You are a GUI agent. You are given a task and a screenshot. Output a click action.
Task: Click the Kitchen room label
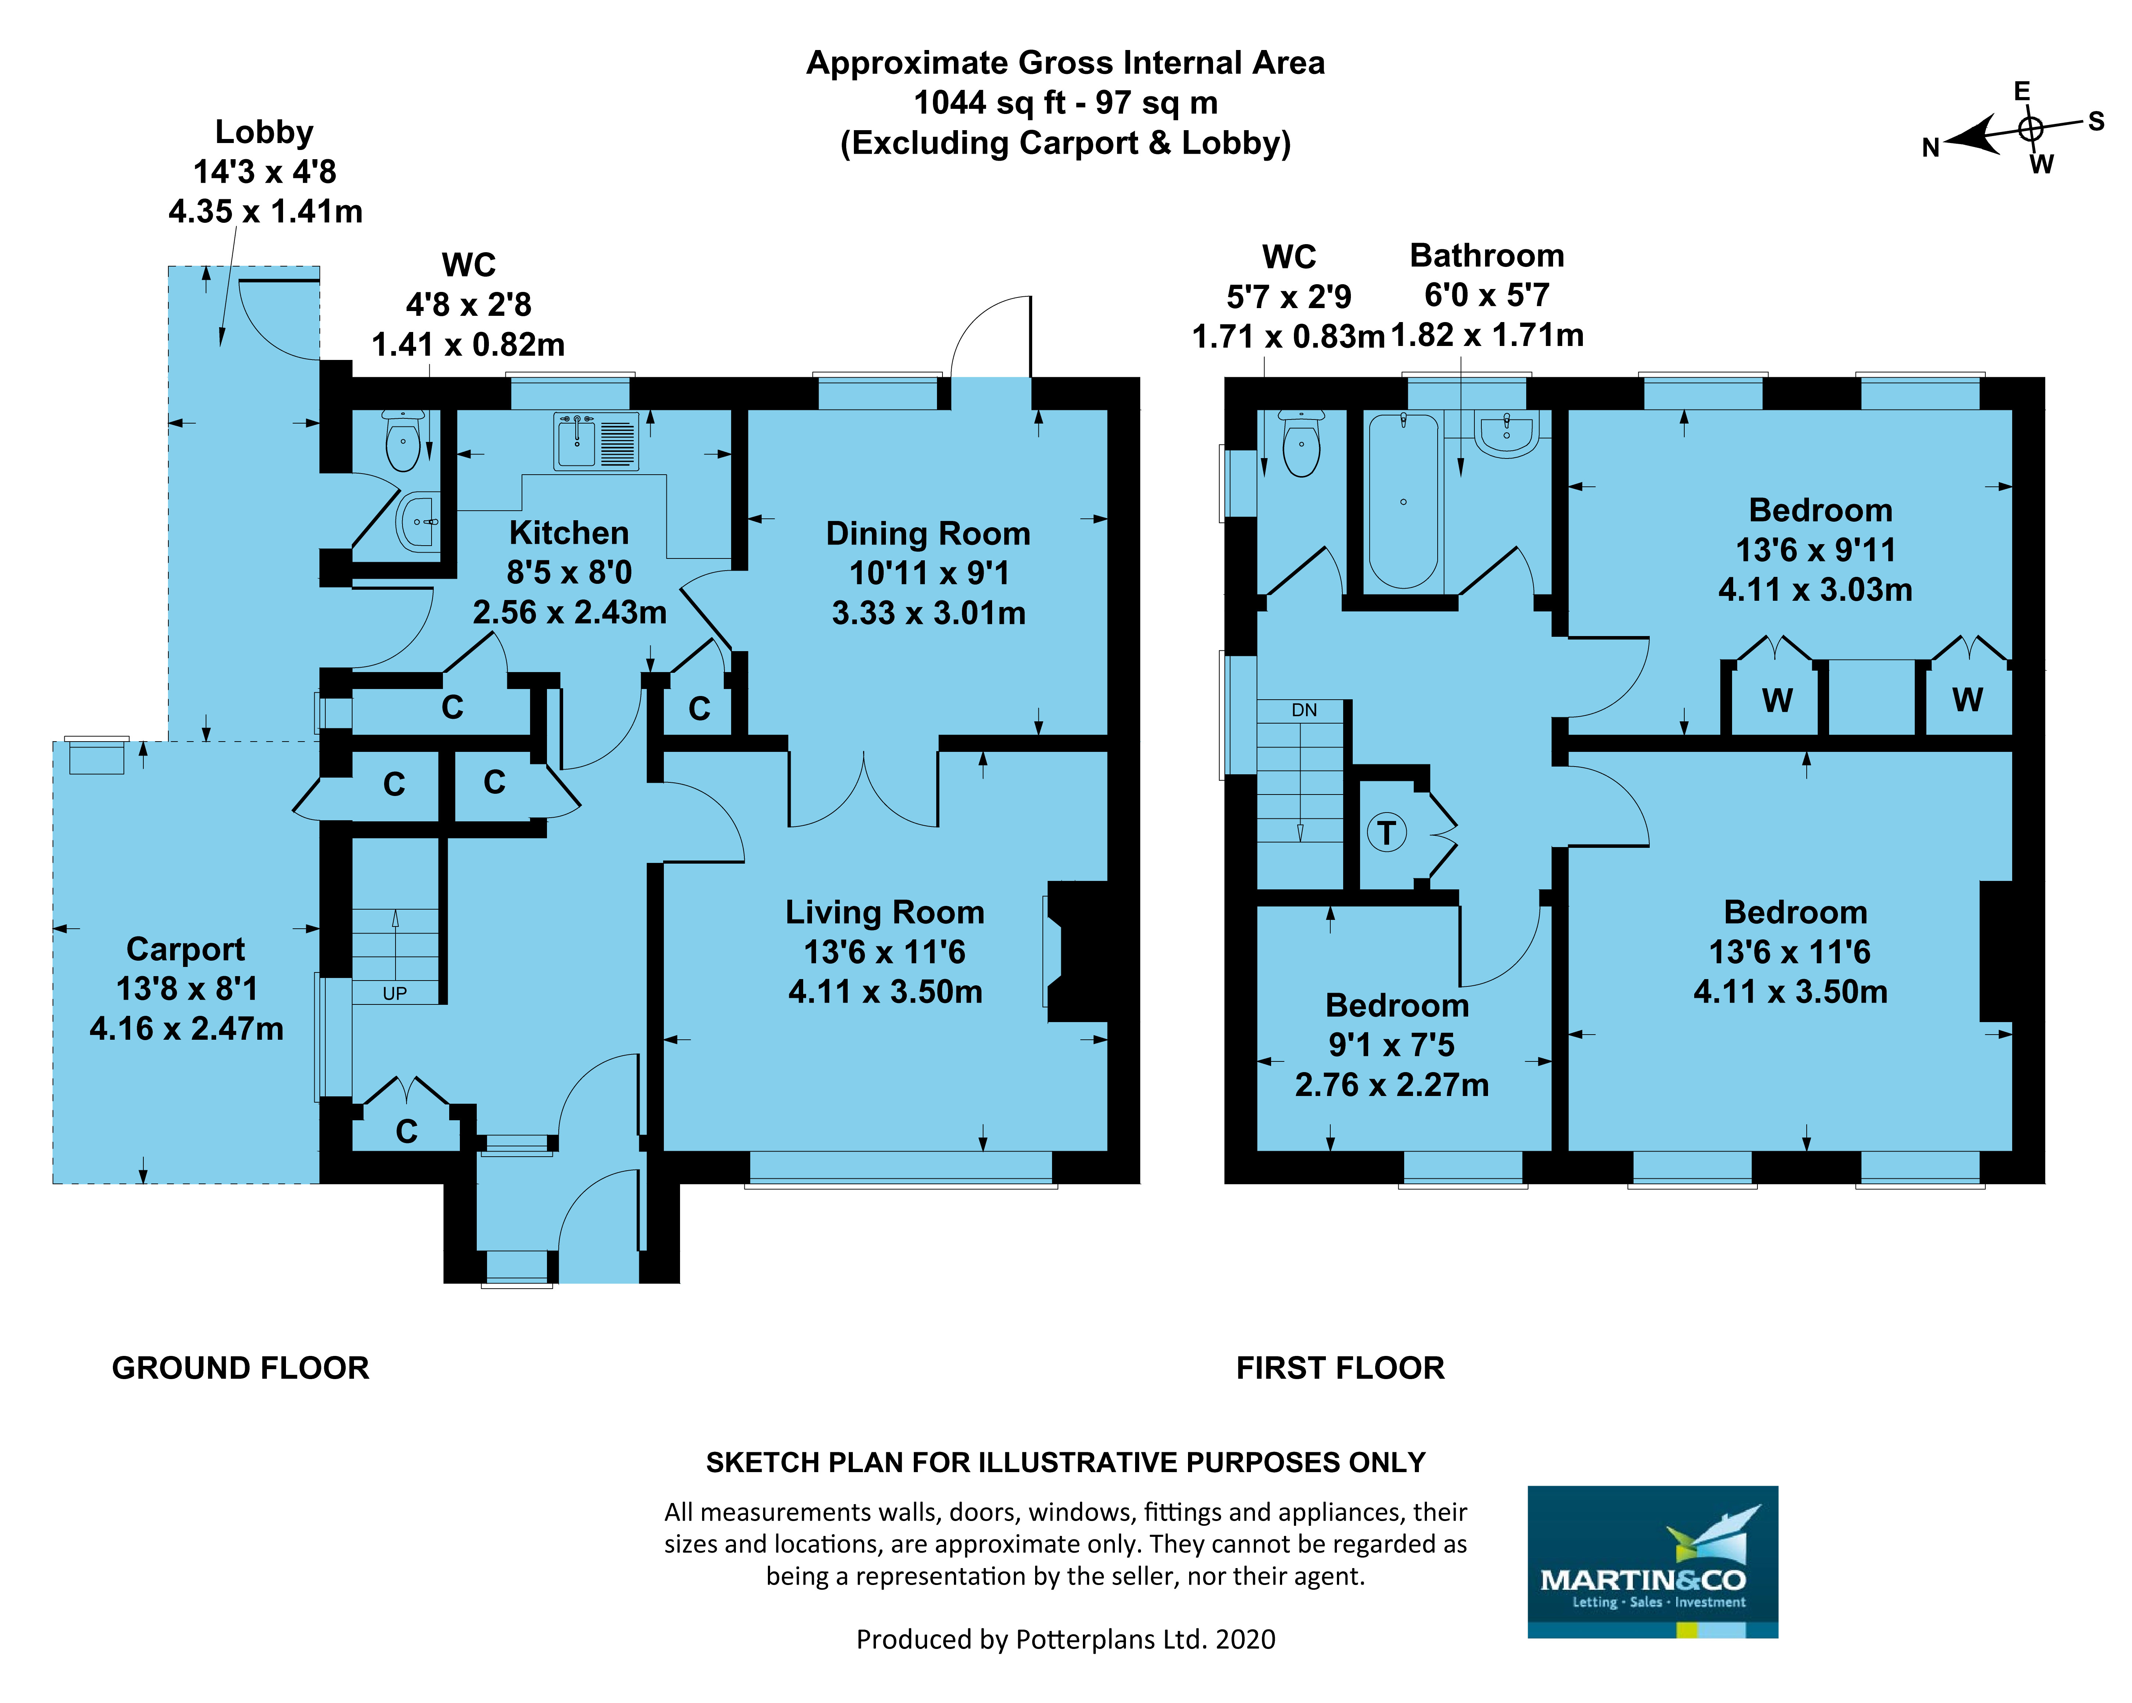pos(569,533)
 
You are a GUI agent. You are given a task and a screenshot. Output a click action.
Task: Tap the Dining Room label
pos(927,534)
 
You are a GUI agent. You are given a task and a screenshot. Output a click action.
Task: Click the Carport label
pos(186,949)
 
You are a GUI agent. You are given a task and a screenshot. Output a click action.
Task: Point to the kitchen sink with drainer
pos(596,441)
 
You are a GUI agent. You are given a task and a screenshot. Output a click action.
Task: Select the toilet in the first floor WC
pos(1301,444)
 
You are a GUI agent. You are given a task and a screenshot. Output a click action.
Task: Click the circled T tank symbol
pos(1387,833)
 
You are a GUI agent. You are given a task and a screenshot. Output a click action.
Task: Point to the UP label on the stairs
pos(394,993)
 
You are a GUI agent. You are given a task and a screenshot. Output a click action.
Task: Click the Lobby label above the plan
pos(264,132)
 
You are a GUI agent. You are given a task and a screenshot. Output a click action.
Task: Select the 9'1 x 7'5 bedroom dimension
pos(1391,1045)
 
